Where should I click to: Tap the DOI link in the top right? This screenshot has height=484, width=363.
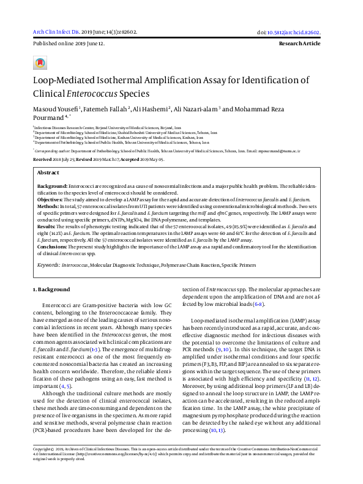298,32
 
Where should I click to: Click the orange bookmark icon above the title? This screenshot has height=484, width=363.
40,63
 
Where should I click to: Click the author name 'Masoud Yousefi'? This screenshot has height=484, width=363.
54,108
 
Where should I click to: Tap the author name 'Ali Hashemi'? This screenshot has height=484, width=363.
151,108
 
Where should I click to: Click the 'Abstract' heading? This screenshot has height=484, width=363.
48,173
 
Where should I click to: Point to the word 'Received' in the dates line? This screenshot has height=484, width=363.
43,158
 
